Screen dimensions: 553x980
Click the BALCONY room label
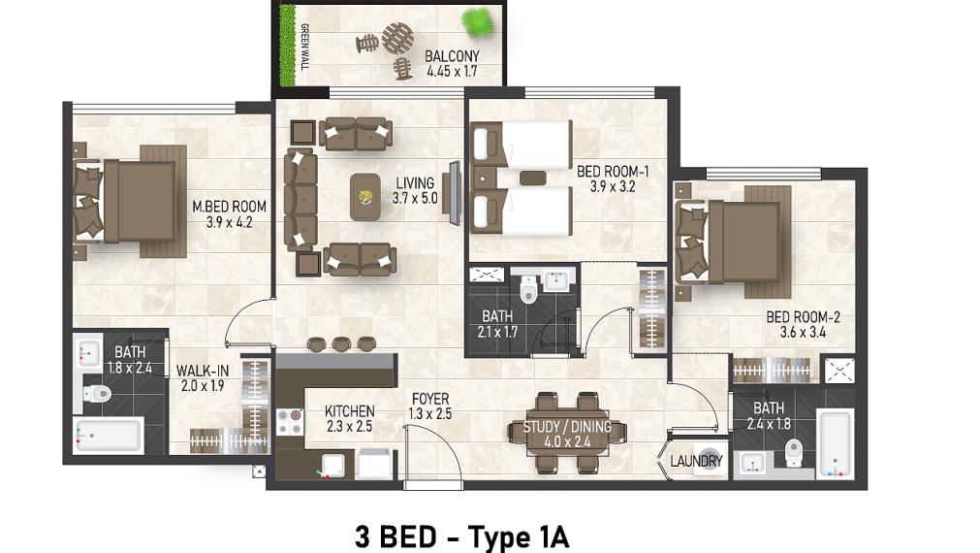coord(452,56)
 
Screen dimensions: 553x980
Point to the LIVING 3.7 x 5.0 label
coord(415,190)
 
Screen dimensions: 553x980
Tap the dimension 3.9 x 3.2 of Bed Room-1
coord(612,186)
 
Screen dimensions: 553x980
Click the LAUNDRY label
coord(696,461)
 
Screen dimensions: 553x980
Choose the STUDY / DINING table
coord(567,434)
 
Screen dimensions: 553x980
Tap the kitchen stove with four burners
coord(290,420)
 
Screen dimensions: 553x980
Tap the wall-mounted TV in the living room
coord(453,193)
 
